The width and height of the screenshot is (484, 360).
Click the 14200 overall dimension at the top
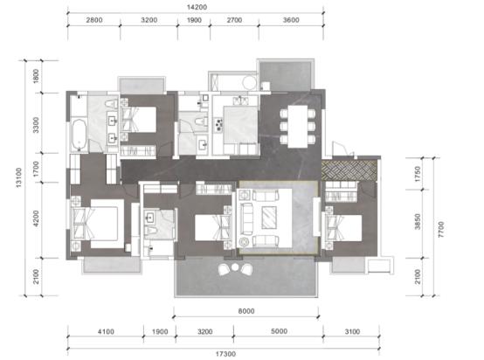click(197, 7)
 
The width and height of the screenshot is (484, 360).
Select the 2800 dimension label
click(94, 20)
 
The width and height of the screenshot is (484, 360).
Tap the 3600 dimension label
click(291, 20)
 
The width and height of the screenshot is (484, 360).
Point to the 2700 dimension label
click(234, 20)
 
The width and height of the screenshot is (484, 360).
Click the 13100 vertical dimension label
click(19, 177)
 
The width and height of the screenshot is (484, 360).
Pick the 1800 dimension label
click(36, 76)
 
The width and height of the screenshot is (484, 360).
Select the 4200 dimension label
click(36, 218)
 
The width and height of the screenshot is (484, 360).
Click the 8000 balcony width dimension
click(246, 311)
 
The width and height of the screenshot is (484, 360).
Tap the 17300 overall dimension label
click(225, 354)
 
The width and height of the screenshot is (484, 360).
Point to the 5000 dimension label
click(279, 331)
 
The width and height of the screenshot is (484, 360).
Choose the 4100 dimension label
click(106, 331)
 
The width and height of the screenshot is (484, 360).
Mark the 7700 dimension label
click(441, 229)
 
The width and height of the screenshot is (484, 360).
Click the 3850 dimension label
click(418, 221)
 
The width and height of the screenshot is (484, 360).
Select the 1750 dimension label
click(418, 174)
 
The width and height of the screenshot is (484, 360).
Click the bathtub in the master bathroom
click(79, 135)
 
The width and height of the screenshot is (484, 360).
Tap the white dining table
click(298, 127)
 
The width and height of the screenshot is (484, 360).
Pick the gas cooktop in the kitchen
click(219, 125)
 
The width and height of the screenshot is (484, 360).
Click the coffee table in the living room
click(269, 218)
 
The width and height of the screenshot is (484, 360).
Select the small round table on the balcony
click(235, 267)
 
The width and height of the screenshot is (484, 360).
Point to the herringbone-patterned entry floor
click(349, 170)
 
